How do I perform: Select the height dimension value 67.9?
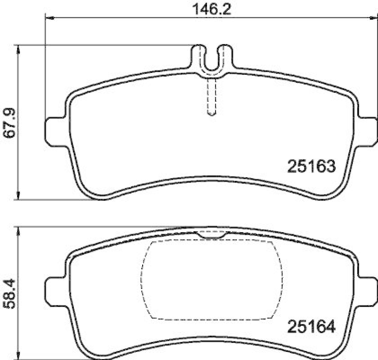click(10, 123)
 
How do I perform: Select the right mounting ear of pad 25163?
click(368, 131)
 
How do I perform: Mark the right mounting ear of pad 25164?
click(368, 291)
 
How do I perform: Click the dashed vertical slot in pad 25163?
click(212, 97)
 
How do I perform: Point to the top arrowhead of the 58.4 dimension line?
click(18, 230)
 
